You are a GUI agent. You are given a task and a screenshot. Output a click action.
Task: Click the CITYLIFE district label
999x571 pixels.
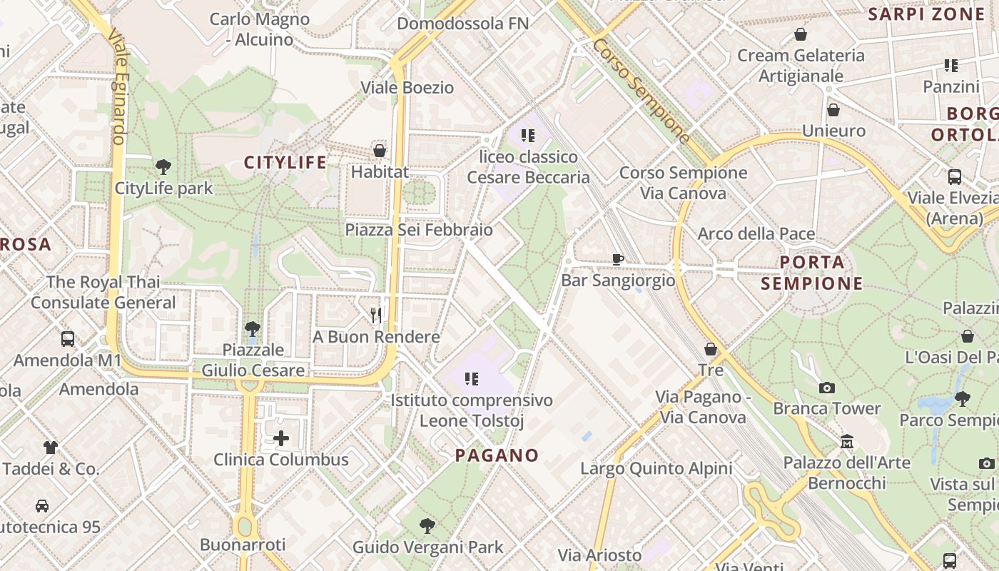(285, 163)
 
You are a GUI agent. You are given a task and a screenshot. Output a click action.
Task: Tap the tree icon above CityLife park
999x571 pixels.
(163, 168)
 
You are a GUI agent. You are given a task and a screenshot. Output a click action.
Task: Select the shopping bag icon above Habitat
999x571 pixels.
(380, 151)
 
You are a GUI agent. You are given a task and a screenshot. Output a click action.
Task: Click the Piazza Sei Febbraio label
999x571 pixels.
(419, 230)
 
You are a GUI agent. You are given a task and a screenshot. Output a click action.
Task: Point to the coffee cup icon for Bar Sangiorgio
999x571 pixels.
(618, 259)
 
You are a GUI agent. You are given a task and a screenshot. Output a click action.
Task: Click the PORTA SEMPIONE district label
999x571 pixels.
(812, 273)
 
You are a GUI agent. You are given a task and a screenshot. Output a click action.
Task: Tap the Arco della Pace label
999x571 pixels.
(756, 233)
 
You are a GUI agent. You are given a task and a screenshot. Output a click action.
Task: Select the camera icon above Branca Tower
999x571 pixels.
(827, 388)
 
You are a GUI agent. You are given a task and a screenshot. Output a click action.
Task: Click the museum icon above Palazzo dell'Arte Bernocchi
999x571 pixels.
(847, 442)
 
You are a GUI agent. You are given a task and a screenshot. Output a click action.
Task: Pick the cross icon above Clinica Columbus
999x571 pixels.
(281, 438)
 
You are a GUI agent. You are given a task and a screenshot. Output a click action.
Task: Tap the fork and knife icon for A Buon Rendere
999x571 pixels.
(376, 315)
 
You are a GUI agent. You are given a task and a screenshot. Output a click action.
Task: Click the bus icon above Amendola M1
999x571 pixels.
(68, 339)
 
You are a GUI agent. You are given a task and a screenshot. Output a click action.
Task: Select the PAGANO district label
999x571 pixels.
(497, 455)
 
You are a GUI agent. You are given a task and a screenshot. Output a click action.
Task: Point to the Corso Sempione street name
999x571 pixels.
(641, 91)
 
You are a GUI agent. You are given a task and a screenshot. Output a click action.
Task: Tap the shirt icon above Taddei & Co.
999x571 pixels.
(50, 448)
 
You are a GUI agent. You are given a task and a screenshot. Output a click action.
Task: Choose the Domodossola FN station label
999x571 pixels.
(462, 24)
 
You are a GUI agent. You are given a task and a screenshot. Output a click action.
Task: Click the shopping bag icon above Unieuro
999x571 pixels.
(833, 110)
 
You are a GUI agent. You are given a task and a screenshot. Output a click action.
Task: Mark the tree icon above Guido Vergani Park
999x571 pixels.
(427, 526)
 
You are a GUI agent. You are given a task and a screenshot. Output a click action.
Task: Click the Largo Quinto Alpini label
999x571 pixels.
(656, 469)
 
